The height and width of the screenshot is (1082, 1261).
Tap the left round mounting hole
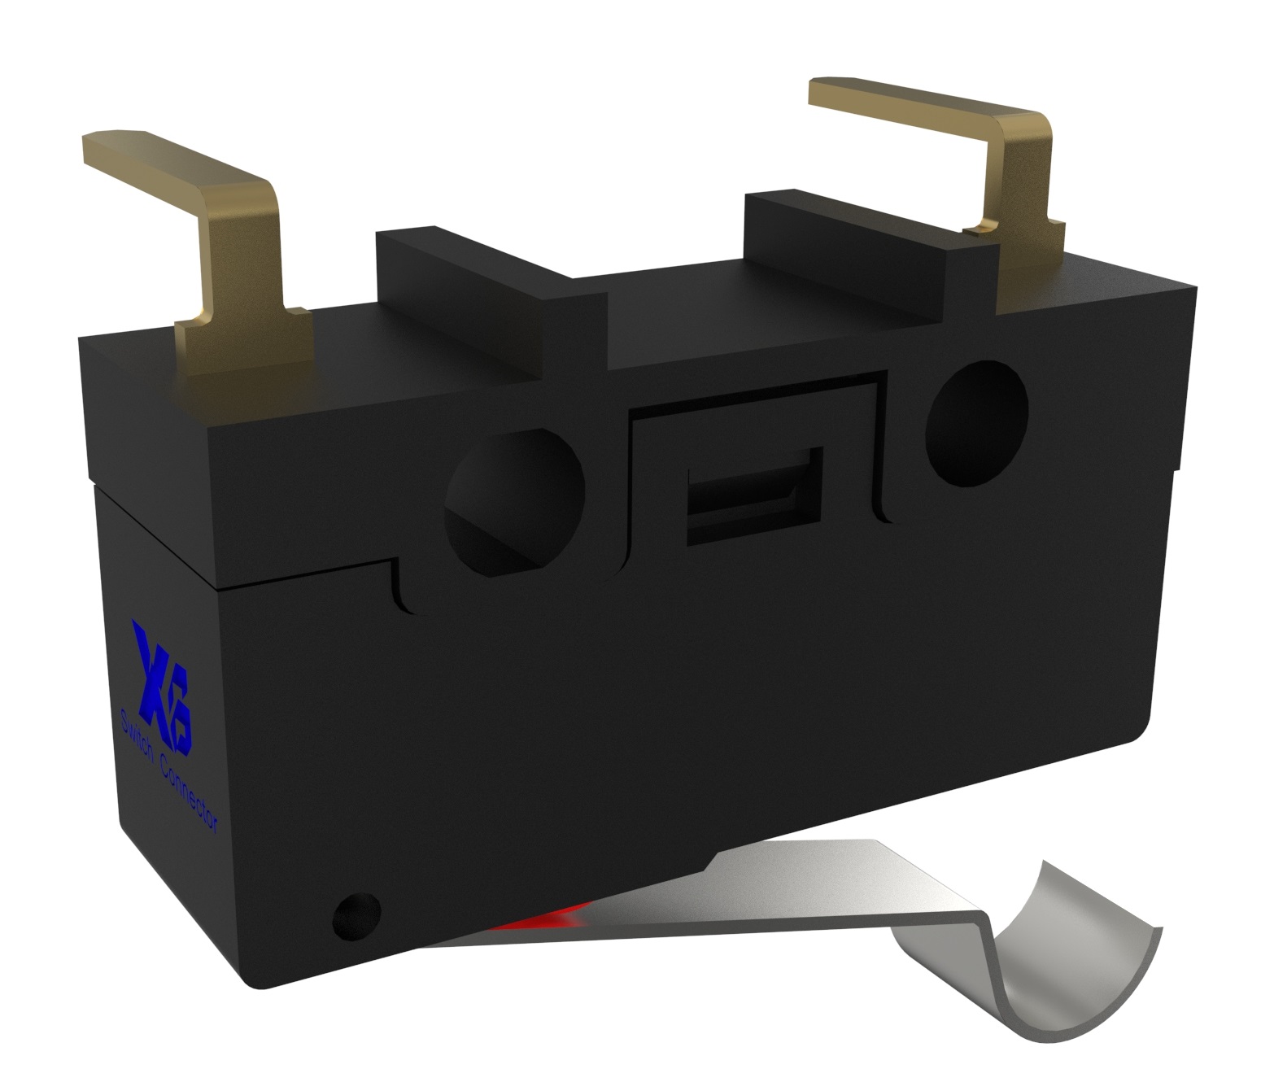point(513,500)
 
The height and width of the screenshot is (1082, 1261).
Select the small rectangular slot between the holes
point(755,495)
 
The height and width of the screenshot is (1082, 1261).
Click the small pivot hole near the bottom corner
point(356,914)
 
